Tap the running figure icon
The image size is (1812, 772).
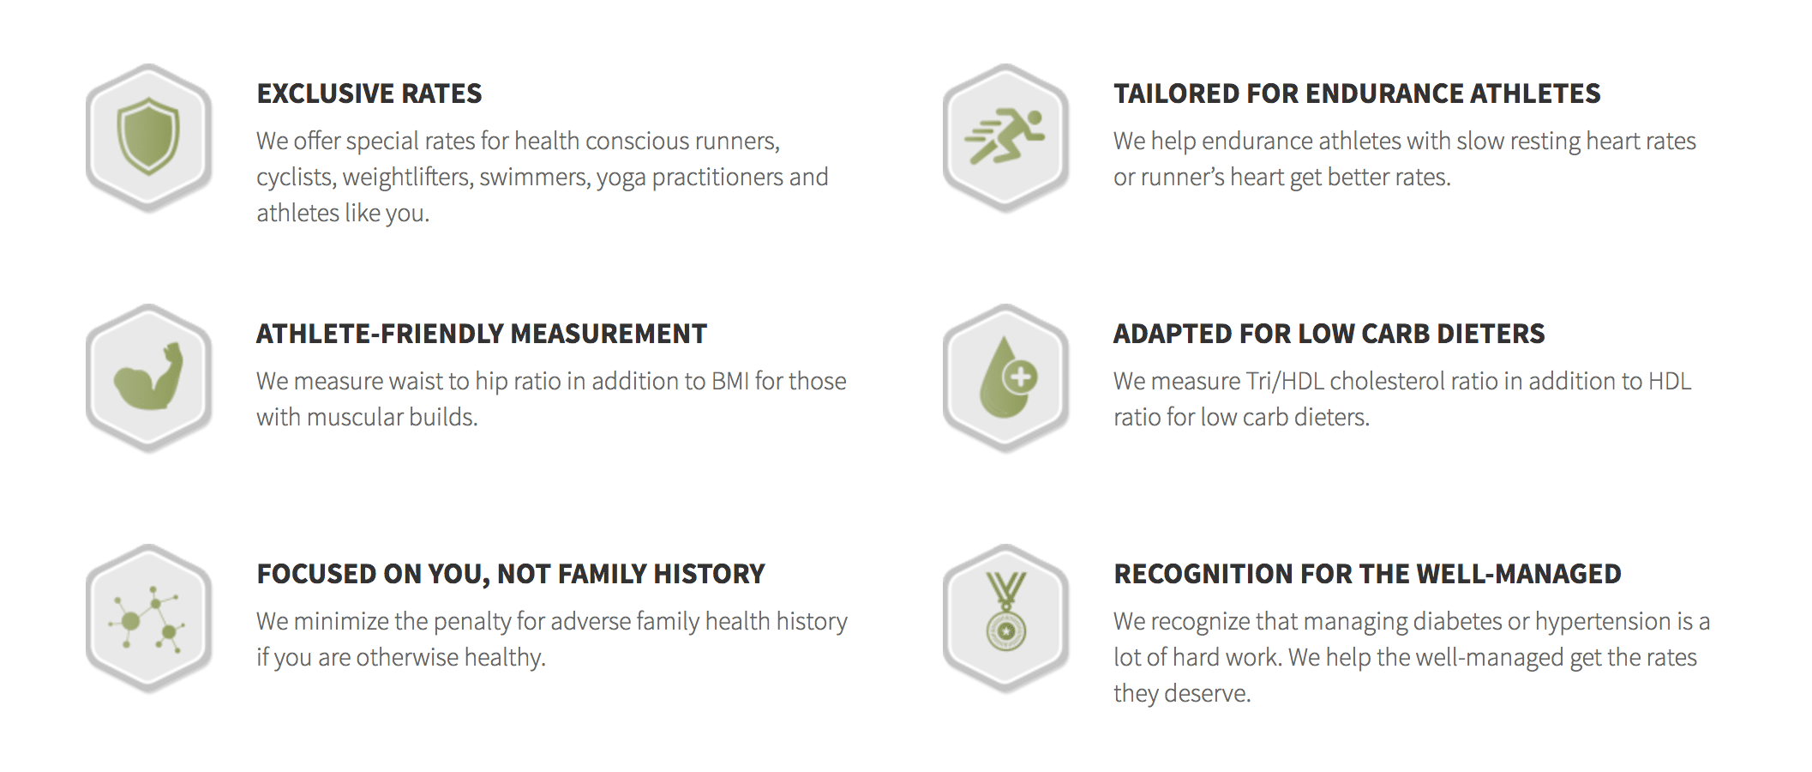pos(1005,136)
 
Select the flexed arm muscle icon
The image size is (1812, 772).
pos(149,377)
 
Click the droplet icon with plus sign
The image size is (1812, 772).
pos(1007,377)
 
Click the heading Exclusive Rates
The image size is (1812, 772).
pos(369,93)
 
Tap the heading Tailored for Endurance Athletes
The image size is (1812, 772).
pos(1357,93)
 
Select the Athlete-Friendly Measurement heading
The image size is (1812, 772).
pos(482,334)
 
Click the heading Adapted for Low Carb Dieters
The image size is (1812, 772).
pos(1329,334)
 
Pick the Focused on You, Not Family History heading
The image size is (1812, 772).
pos(511,574)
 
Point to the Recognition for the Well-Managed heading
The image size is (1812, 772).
pos(1367,574)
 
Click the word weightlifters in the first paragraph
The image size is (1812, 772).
pos(407,178)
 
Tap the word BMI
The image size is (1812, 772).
pos(730,381)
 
